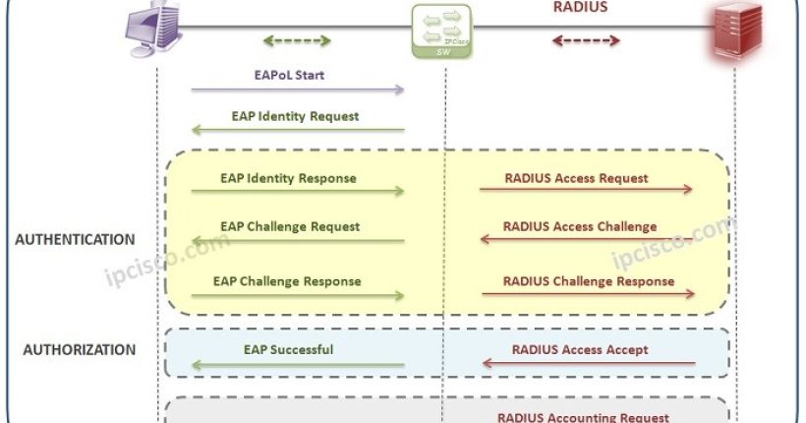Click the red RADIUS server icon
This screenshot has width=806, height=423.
pos(736,31)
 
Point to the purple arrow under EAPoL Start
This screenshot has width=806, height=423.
pos(297,91)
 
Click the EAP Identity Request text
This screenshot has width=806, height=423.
pos(295,116)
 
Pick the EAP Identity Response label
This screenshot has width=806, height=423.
pos(288,178)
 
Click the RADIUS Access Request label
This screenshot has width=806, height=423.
pos(576,178)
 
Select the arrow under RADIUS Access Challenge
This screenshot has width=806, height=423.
pos(587,240)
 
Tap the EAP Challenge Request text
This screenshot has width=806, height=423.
pos(290,226)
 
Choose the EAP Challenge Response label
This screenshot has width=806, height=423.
pos(287,281)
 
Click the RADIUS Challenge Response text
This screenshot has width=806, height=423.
pos(588,281)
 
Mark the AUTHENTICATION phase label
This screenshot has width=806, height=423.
pos(75,239)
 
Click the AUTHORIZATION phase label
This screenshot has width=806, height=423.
pos(79,349)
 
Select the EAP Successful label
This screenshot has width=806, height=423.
pos(288,349)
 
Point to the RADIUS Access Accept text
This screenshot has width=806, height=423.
pos(580,349)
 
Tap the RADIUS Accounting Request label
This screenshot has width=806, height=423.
pos(583,417)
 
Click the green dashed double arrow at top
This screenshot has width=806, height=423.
pos(297,41)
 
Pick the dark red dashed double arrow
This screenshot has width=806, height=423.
pos(586,41)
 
